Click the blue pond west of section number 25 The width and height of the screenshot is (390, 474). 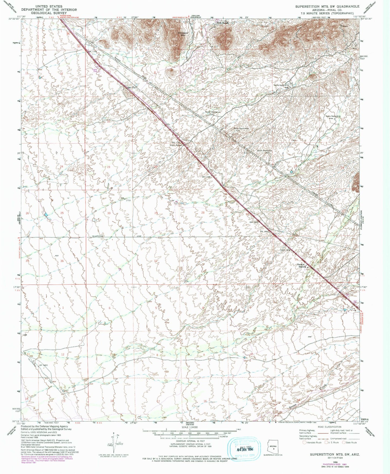pos(46,215)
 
